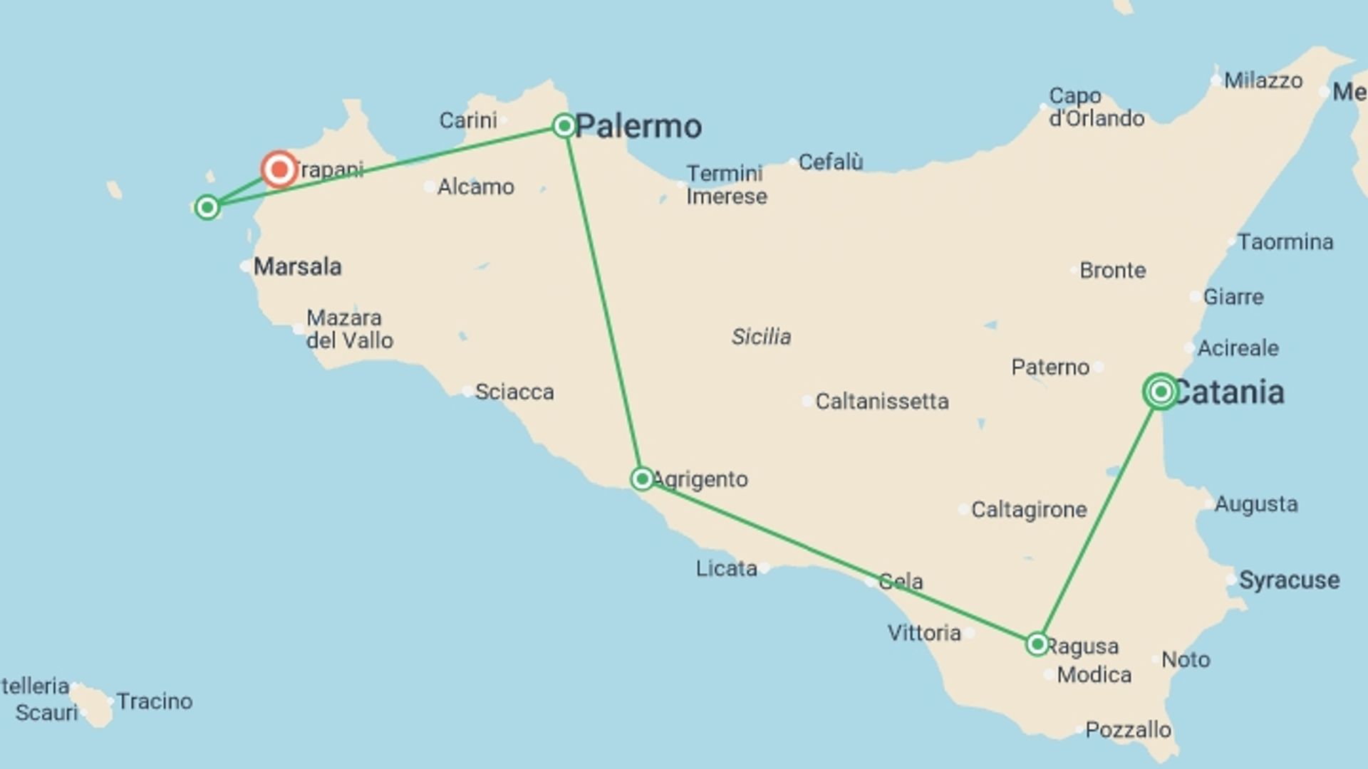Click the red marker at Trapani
click(x=279, y=169)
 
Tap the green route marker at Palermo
click(x=564, y=126)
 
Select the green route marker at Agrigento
click(x=641, y=478)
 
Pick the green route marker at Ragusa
click(x=1037, y=644)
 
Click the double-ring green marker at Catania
click(x=1161, y=391)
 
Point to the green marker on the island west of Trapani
click(x=207, y=207)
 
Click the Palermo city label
click(x=638, y=127)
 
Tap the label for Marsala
click(x=297, y=267)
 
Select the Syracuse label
click(x=1289, y=580)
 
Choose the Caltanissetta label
click(x=881, y=402)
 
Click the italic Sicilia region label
click(x=761, y=336)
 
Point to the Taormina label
click(x=1285, y=242)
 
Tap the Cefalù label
click(x=830, y=162)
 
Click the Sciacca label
click(x=514, y=392)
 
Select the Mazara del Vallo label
click(x=349, y=329)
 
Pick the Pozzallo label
click(x=1128, y=730)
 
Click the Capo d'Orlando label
click(x=1096, y=107)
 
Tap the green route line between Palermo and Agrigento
click(x=603, y=303)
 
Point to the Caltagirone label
click(x=1028, y=510)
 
